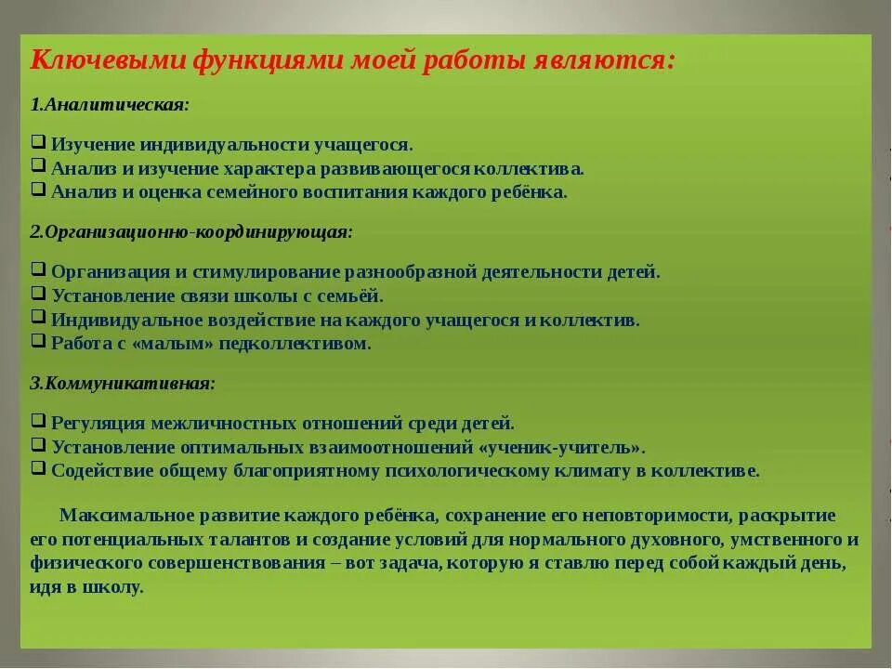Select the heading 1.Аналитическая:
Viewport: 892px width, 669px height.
pyautogui.click(x=110, y=104)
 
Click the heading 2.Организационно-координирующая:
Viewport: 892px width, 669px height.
pyautogui.click(x=191, y=231)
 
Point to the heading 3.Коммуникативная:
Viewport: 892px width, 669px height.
pyautogui.click(x=122, y=383)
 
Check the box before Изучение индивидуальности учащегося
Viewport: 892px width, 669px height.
pyautogui.click(x=38, y=142)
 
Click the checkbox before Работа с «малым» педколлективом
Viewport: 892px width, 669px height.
pyautogui.click(x=38, y=341)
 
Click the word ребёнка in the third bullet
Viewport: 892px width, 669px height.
pyautogui.click(x=530, y=192)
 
